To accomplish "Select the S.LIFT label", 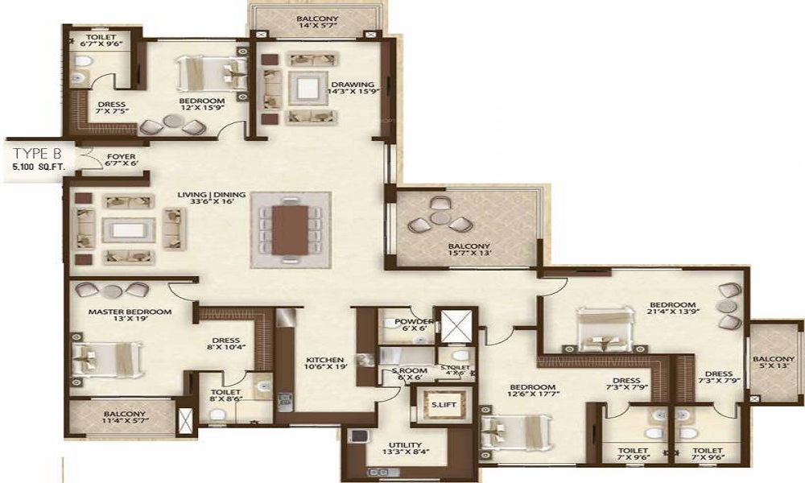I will pos(440,405).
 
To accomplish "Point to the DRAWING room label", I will pos(353,85).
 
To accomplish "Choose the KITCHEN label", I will pos(326,359).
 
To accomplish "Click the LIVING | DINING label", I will pos(207,193).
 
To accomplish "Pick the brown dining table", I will pos(290,229).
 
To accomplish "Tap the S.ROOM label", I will pos(402,371).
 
